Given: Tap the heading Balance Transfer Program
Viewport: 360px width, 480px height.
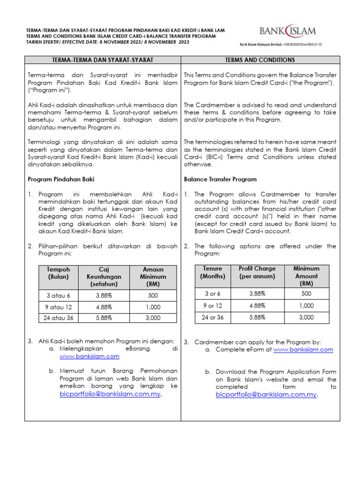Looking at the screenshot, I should (220, 179).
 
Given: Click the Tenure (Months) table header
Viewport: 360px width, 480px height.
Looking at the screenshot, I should (212, 272).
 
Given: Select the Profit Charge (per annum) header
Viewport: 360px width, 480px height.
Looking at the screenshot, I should (257, 272).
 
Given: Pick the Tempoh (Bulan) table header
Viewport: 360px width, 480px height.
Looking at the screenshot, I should (59, 273).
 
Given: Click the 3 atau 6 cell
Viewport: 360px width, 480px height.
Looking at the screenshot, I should (59, 296).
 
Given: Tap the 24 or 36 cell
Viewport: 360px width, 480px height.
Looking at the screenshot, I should (212, 317).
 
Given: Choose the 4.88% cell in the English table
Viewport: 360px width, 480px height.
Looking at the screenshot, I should (257, 305).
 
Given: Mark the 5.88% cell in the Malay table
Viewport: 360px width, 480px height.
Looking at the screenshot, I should (104, 317).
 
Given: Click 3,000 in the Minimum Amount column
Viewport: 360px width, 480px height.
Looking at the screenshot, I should (306, 317).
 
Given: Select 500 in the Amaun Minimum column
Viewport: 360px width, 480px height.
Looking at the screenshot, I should (153, 296).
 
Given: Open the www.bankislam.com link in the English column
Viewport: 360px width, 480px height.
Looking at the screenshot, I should (303, 350).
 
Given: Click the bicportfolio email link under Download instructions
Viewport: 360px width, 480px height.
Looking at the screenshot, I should (266, 395).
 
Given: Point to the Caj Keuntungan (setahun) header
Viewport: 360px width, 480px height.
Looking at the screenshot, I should (104, 277).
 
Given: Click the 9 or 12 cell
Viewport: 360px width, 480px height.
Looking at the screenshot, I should (212, 305).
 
